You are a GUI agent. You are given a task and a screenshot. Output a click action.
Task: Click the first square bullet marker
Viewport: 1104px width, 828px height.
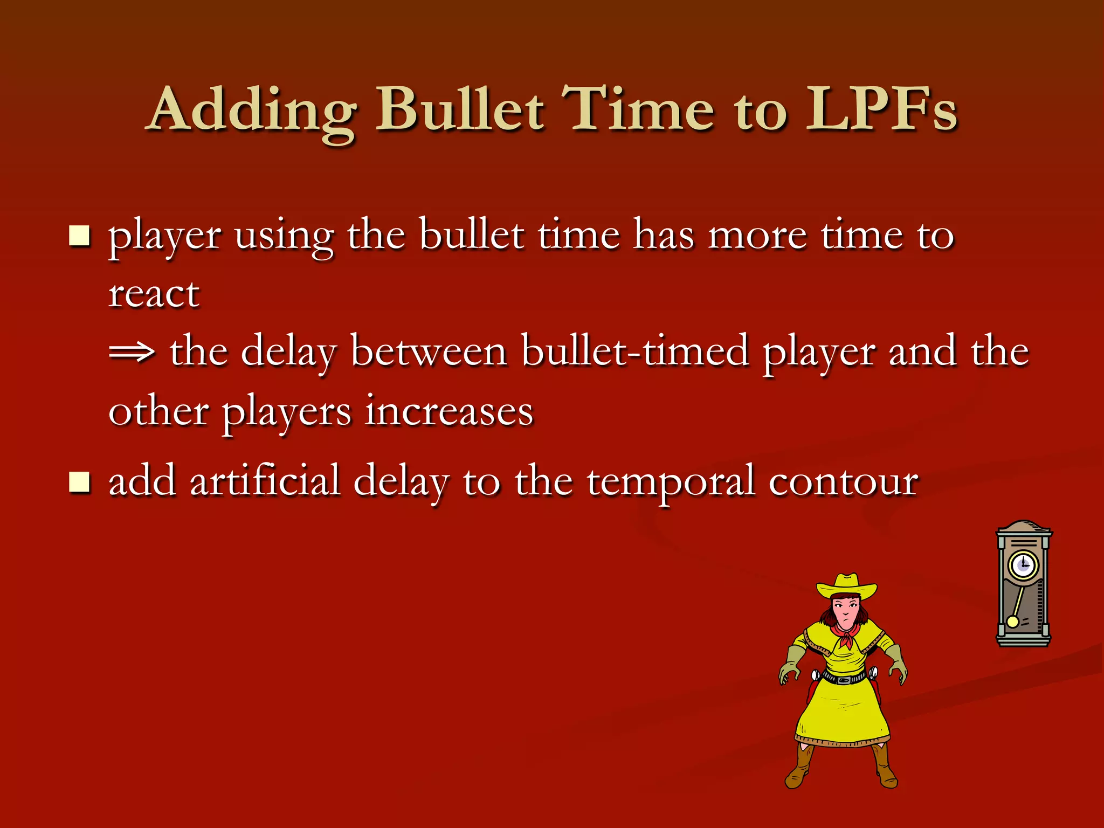click(79, 236)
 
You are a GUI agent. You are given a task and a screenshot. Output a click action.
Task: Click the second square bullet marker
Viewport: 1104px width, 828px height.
click(79, 481)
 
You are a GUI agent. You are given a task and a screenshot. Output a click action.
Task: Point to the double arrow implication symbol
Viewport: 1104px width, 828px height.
click(132, 353)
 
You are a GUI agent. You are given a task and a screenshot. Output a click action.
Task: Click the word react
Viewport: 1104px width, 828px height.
click(154, 295)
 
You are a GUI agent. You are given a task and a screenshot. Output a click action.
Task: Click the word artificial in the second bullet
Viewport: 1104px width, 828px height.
click(265, 481)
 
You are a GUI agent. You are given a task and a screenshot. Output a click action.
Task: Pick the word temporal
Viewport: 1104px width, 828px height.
click(670, 481)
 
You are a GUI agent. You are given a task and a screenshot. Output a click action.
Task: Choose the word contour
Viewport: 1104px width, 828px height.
click(843, 481)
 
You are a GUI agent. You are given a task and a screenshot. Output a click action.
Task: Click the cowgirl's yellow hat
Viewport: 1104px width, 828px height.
click(846, 586)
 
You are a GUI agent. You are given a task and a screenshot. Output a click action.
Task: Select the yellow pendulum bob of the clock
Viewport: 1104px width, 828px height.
click(1012, 622)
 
